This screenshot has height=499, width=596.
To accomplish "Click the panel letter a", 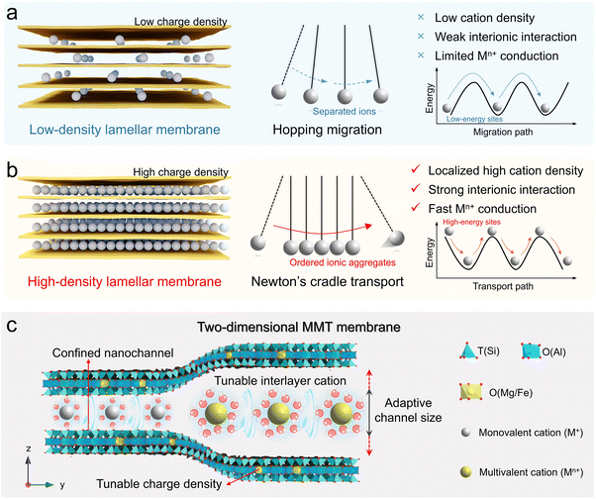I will click(x=13, y=12).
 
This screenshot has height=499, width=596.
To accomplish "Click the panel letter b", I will click(x=13, y=171).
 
